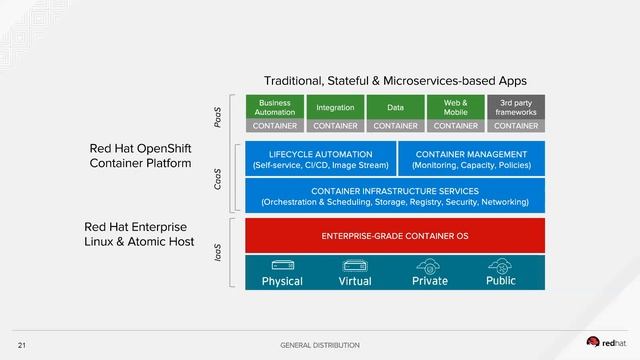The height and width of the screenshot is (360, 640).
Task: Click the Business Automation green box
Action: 274,107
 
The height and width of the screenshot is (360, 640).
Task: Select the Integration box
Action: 335,107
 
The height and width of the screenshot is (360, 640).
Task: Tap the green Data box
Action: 395,107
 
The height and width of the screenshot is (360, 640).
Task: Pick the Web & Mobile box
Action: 455,107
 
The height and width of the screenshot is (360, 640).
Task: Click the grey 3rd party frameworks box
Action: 516,107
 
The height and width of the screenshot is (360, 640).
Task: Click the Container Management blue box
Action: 471,159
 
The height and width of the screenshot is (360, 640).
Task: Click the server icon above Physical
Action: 282,266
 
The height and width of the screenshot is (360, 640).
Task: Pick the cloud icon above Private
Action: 430,266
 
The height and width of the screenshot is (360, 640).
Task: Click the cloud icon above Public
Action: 501,266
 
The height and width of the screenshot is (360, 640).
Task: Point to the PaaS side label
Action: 219,117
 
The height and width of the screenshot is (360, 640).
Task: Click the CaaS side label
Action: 219,179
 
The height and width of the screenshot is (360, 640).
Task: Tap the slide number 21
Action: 21,344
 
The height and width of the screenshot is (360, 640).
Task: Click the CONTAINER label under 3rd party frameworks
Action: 516,126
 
